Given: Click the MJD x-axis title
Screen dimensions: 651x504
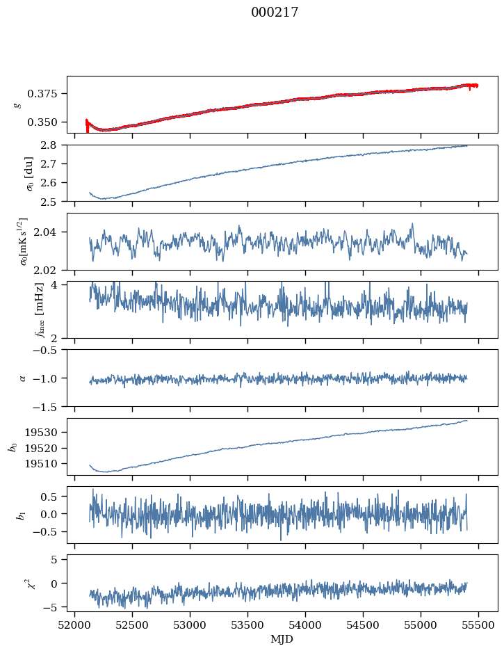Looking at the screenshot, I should pyautogui.click(x=282, y=638).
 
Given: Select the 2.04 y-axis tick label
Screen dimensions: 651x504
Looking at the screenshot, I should pyautogui.click(x=51, y=232).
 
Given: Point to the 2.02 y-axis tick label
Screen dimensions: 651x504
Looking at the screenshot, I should pyautogui.click(x=51, y=269).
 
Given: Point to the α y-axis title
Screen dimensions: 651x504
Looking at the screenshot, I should pyautogui.click(x=23, y=378).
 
